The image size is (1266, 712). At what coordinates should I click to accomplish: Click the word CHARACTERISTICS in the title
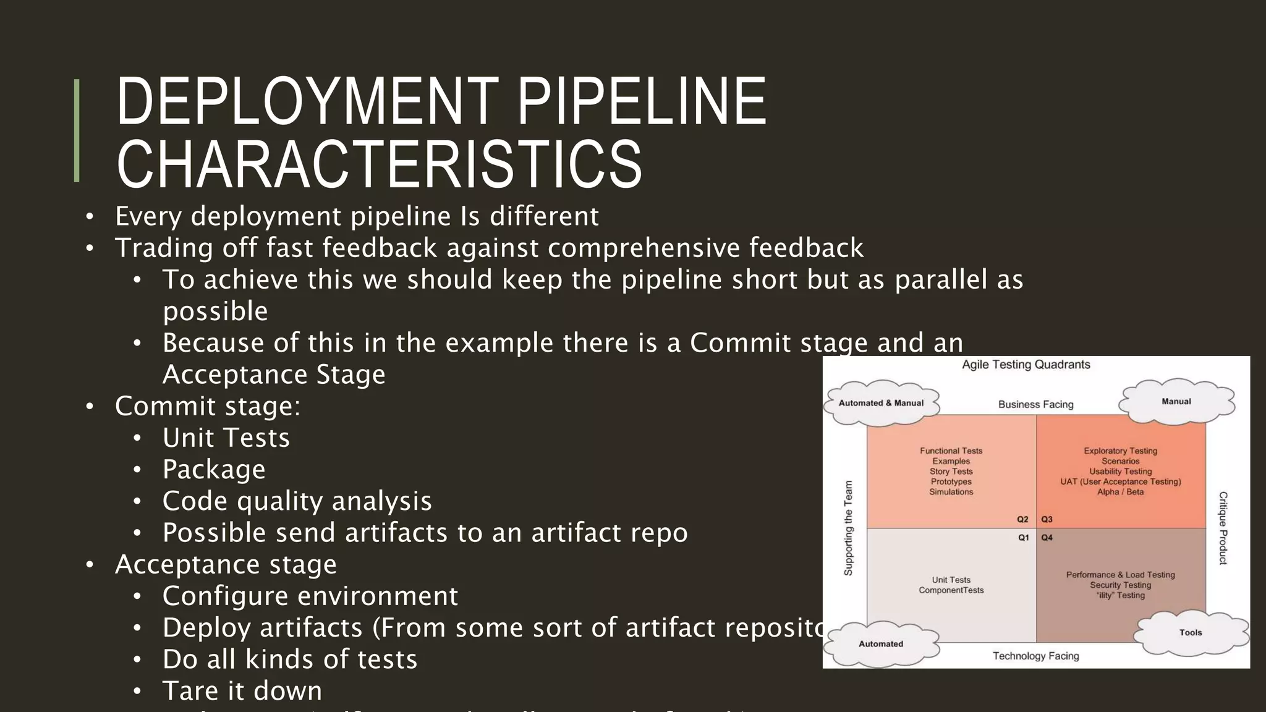tap(379, 164)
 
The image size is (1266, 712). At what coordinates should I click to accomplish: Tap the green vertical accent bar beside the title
tap(77, 130)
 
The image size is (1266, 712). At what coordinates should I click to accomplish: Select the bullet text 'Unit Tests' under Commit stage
tap(226, 438)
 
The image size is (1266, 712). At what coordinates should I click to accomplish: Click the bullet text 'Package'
tap(214, 469)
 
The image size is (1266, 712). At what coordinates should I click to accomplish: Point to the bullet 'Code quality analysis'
tap(297, 501)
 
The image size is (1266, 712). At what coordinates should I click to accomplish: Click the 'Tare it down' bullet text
tap(242, 690)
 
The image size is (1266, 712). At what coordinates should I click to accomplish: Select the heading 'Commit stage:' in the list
tap(207, 406)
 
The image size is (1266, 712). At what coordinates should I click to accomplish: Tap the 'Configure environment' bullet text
tap(310, 596)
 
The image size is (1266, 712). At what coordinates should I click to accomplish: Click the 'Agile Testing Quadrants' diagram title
tap(1026, 365)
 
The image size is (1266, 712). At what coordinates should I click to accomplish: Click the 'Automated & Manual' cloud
tap(881, 403)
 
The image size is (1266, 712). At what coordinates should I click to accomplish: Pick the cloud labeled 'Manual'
tap(1176, 402)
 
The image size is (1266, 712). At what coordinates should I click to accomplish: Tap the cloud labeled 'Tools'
tap(1190, 633)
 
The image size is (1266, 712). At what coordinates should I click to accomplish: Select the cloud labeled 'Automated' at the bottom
tap(881, 644)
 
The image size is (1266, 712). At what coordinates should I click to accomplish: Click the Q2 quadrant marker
tap(1022, 520)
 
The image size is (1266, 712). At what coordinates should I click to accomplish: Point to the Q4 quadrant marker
tap(1047, 538)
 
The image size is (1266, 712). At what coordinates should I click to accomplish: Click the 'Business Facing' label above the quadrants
tap(1035, 405)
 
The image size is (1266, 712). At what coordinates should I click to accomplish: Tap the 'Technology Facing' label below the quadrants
tap(1035, 656)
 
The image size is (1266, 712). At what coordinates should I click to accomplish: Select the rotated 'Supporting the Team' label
tap(848, 528)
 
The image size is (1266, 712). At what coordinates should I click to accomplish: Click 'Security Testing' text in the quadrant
tap(1120, 585)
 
